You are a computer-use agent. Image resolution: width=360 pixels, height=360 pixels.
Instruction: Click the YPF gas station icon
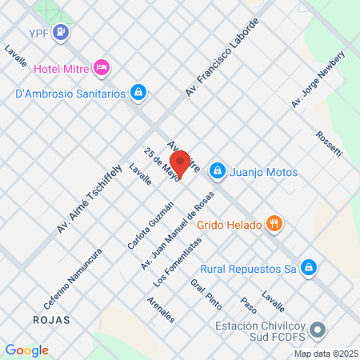(x=62, y=33)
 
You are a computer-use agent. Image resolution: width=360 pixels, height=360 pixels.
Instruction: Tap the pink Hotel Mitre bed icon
(x=101, y=67)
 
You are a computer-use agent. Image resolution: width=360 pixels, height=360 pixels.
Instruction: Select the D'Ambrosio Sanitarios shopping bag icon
(x=139, y=93)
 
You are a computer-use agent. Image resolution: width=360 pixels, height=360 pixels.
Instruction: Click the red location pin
(x=181, y=163)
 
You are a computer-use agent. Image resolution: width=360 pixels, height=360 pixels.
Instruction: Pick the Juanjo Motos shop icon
(x=216, y=171)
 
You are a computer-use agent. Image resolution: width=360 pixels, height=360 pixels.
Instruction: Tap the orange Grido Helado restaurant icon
(x=274, y=225)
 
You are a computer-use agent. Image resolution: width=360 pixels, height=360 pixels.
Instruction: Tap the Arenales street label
(x=161, y=309)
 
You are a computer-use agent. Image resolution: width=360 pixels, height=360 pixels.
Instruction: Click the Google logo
(x=27, y=350)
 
